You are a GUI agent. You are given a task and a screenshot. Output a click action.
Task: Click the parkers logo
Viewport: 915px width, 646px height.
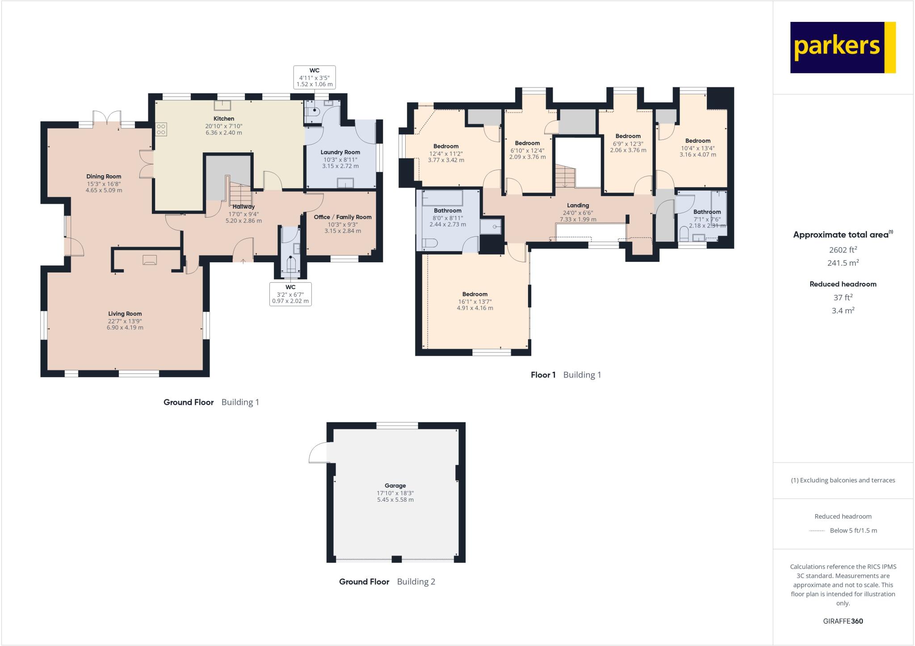tap(843, 47)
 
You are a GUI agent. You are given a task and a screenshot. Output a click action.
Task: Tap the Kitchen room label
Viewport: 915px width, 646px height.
tap(224, 119)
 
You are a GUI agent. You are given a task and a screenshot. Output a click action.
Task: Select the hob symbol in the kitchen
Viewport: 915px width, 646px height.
tap(161, 130)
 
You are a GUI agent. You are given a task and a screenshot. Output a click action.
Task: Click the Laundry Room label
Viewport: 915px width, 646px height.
tap(340, 152)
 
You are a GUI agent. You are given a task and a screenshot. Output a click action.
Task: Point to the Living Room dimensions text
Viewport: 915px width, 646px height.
tap(125, 324)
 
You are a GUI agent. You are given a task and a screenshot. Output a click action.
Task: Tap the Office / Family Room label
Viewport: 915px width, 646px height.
tap(343, 217)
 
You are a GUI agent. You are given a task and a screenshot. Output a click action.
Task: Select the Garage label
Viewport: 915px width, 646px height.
tap(395, 486)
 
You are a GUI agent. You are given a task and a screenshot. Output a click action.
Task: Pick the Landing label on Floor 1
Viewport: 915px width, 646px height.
tap(578, 206)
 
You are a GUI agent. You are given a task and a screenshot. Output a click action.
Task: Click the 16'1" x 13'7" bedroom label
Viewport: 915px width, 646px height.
tap(475, 294)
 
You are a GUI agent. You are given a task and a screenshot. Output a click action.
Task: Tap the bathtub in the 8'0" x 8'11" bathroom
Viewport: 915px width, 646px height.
tap(442, 198)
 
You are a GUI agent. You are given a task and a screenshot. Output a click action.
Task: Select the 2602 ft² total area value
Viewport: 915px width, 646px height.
tap(843, 250)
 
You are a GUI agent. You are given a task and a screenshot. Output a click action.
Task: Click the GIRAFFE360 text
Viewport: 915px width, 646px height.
tap(843, 621)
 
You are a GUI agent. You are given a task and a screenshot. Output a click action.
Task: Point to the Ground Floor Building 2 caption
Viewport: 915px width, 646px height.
tap(387, 582)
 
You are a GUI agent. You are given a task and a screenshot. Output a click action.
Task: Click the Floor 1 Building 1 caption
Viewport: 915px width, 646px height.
tap(566, 375)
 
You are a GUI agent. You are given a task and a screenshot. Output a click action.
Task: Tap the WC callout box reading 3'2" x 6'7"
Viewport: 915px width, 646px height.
tap(290, 294)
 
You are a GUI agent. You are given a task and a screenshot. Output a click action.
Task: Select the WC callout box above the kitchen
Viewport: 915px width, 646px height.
tap(315, 77)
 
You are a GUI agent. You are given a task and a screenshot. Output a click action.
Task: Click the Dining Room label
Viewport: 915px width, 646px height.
tap(104, 176)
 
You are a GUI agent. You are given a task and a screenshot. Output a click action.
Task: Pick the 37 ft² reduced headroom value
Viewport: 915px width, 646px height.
tap(843, 298)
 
